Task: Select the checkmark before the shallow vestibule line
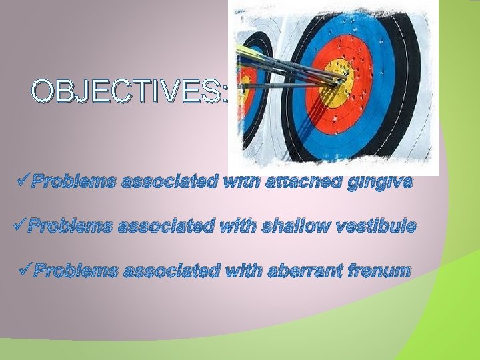pos(18,225)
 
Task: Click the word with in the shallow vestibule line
pos(238,227)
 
